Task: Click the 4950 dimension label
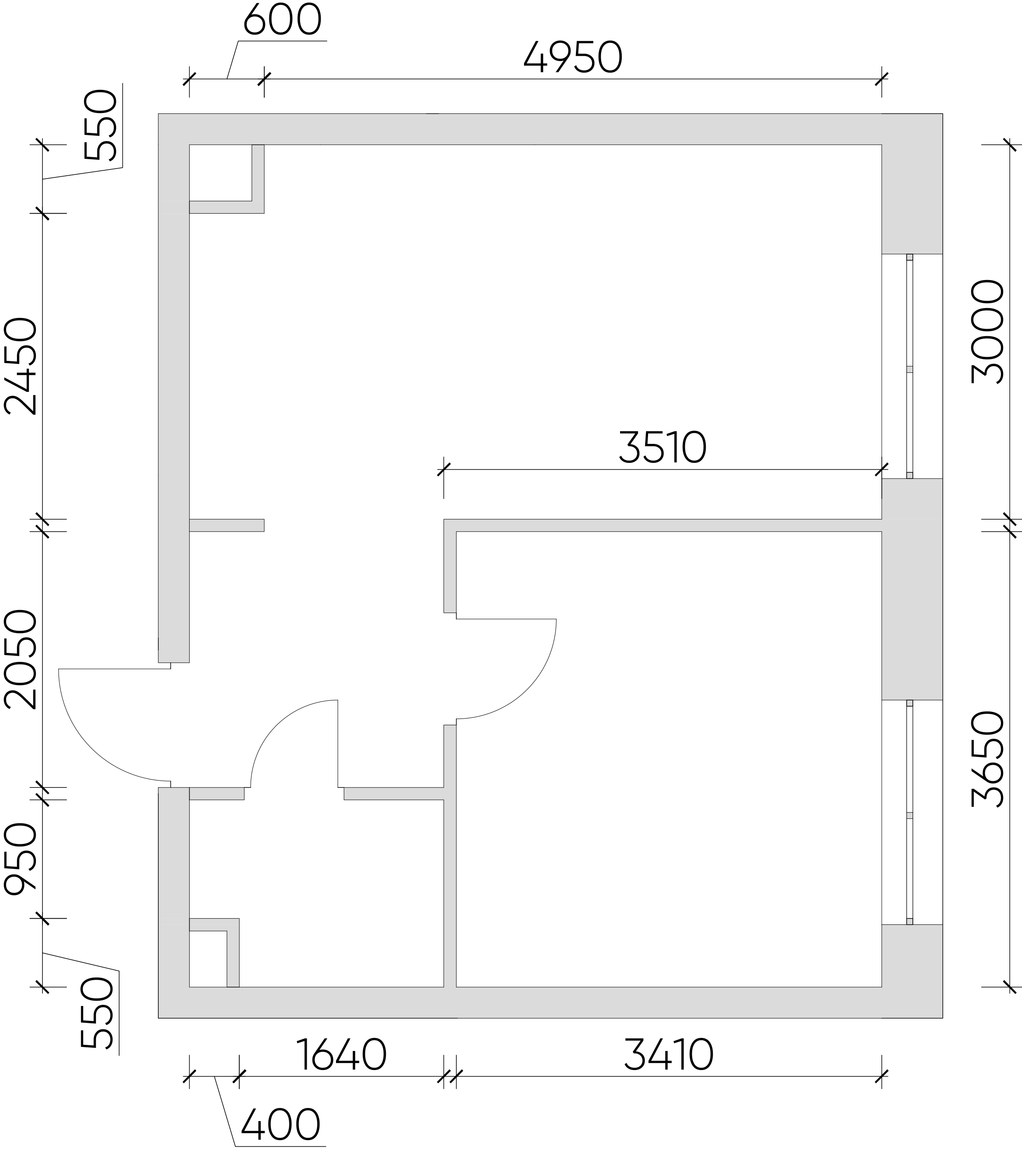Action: (573, 57)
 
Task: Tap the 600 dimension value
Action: (282, 20)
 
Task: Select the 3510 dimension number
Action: (662, 448)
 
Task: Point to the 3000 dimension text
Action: (988, 332)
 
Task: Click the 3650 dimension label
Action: (988, 759)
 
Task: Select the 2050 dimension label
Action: (20, 659)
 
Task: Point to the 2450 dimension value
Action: (20, 366)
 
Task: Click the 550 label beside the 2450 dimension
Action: (100, 124)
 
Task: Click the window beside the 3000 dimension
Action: (909, 366)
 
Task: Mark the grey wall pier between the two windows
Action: (912, 589)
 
